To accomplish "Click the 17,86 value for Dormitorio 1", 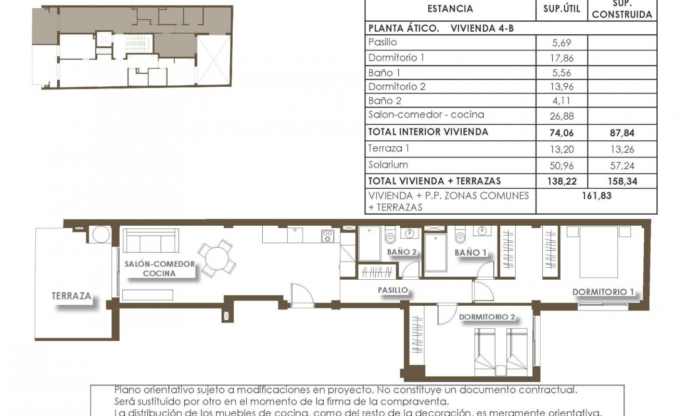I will (x=562, y=58).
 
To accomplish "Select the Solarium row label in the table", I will (x=388, y=165).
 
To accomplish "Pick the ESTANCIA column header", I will (x=450, y=9).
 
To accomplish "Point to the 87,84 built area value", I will (x=622, y=133).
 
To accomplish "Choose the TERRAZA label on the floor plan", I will (x=71, y=296).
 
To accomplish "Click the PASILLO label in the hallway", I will (x=392, y=290).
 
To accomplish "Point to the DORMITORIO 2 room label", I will (x=487, y=317).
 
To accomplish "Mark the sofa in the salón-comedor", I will (x=151, y=241).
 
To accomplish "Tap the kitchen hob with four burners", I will (x=327, y=237).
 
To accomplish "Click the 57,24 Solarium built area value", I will (x=622, y=165).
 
